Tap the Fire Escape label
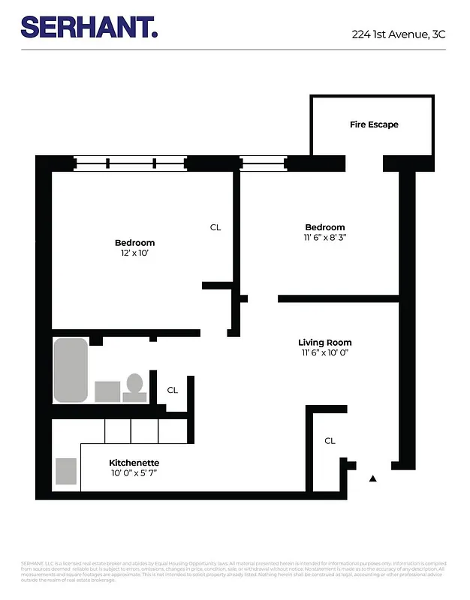tap(374, 124)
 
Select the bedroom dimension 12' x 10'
tap(134, 254)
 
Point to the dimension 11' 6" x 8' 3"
tap(324, 237)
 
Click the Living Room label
tap(325, 342)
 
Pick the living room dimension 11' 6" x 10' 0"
tap(325, 352)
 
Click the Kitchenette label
tap(134, 463)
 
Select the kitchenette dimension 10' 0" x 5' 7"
tap(134, 473)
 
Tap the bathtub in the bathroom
tap(71, 370)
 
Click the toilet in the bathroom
tap(135, 386)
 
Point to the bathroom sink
tap(107, 391)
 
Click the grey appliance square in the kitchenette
tap(66, 471)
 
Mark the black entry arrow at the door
tap(373, 477)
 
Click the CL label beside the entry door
tap(330, 441)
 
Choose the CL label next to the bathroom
tap(173, 390)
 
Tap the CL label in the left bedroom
tap(215, 227)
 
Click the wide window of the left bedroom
tap(130, 163)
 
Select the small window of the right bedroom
tap(262, 163)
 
